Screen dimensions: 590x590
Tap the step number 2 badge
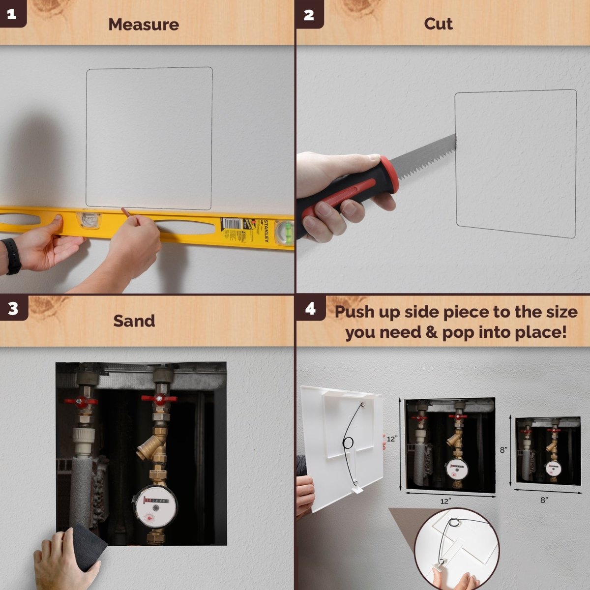(309, 14)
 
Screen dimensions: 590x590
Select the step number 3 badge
(13, 308)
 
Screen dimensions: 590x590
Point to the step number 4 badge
(310, 308)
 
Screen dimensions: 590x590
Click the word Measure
(144, 25)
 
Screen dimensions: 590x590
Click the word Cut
(438, 24)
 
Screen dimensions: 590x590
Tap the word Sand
(134, 321)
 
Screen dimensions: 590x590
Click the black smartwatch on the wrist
(12, 256)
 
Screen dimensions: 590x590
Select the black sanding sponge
(87, 546)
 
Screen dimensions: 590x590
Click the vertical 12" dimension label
(392, 439)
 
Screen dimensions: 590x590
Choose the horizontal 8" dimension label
(544, 500)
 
